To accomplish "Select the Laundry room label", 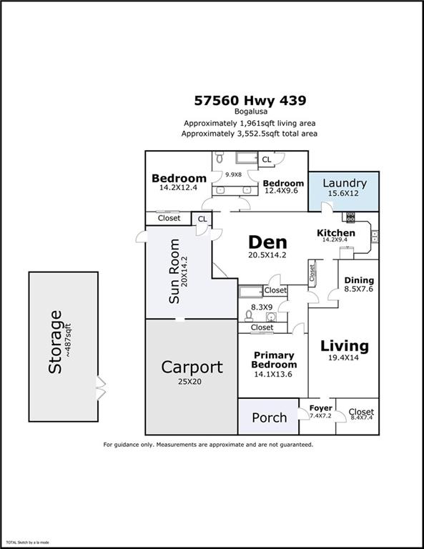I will point(344,183).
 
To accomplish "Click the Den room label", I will point(268,241).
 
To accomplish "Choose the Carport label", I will point(192,367).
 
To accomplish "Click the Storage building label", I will point(55,342).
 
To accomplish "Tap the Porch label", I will point(270,417).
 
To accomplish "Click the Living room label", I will point(344,346).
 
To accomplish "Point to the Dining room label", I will point(358,280).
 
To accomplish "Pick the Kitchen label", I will point(336,233).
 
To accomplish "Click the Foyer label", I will point(320,408).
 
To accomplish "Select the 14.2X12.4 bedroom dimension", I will point(179,188).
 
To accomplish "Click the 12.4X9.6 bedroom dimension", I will point(284,192).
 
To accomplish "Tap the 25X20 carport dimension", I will point(192,382).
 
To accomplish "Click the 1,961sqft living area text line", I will point(250,123).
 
